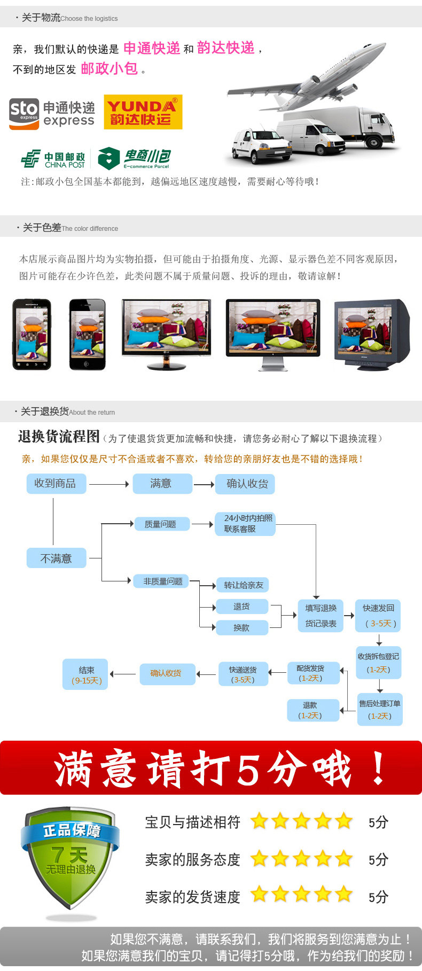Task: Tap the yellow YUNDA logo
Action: tap(143, 112)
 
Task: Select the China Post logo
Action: tap(53, 159)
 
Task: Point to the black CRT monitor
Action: tap(371, 335)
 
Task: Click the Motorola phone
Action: tap(32, 335)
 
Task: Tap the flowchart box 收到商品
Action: tap(56, 484)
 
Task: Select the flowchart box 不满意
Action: tap(56, 558)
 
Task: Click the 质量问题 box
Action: tap(161, 524)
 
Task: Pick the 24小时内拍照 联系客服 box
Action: tap(245, 524)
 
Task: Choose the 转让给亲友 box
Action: tap(243, 585)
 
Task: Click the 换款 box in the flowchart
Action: tap(242, 628)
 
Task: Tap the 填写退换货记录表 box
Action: tap(321, 616)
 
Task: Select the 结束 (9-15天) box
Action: tap(85, 674)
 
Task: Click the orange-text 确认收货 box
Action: tap(167, 673)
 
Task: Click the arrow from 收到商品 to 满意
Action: tap(109, 484)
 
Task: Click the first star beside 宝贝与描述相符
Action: tap(260, 821)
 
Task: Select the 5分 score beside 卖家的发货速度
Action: tap(378, 897)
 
